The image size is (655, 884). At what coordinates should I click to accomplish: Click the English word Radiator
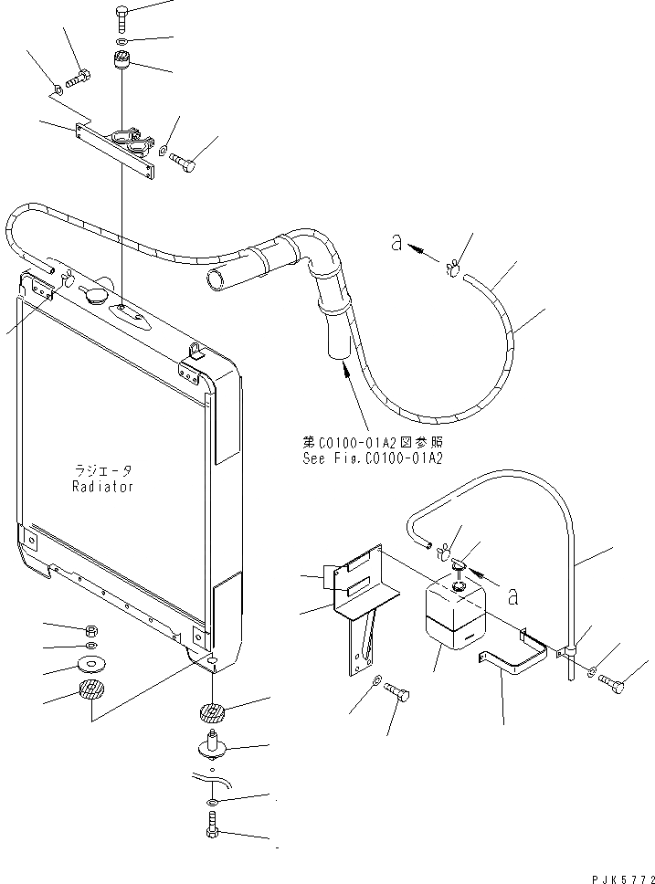pos(102,487)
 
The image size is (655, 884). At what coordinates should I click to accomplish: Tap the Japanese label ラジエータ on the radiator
pos(102,471)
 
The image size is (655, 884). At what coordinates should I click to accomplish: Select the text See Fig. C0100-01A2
pos(372,459)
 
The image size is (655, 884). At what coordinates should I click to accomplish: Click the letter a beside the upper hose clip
pos(396,243)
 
